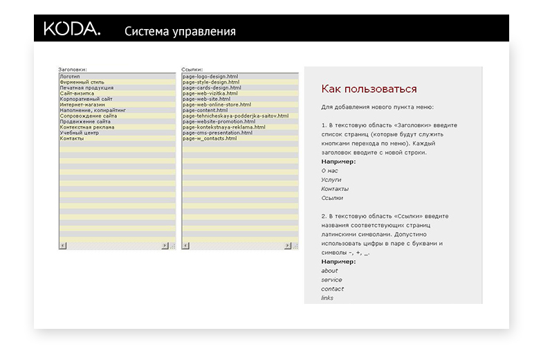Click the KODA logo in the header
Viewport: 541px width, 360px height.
[72, 28]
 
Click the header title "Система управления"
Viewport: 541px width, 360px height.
[180, 31]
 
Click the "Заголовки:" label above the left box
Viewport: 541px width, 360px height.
[73, 70]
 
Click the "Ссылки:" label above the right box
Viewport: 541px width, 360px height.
[192, 70]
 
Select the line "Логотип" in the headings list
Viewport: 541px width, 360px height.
[70, 76]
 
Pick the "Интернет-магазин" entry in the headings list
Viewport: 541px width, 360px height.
[82, 105]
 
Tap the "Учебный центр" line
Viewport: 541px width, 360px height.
[79, 133]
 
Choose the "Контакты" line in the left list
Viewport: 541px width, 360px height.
[72, 138]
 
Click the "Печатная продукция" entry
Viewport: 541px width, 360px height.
[86, 88]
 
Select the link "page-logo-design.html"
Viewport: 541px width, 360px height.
[210, 76]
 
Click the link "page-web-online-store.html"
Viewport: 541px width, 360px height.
[217, 105]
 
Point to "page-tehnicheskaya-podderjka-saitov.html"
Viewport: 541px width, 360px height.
[235, 116]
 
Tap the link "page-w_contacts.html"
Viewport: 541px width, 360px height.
[210, 138]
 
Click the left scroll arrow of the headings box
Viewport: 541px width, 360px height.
[62, 246]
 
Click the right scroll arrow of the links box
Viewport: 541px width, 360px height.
[288, 246]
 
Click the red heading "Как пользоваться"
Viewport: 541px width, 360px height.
[369, 89]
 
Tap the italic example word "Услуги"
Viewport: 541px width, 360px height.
[331, 180]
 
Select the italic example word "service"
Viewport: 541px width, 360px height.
[331, 280]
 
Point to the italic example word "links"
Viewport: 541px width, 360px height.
[327, 298]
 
